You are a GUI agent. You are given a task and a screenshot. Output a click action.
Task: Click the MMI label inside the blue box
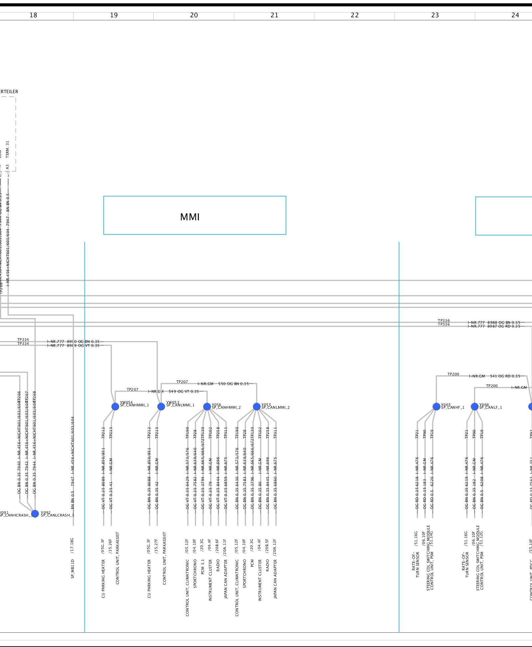pos(190,217)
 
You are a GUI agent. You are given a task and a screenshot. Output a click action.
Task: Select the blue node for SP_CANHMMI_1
pos(115,406)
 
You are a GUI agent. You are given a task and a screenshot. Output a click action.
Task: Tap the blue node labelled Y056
pos(207,406)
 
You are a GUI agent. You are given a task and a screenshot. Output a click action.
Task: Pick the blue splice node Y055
pos(257,406)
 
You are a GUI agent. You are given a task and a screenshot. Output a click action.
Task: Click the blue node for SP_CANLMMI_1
pos(161,406)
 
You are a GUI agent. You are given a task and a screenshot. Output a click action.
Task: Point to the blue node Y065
pos(436,406)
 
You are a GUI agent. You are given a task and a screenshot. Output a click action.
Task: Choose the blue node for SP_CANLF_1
pos(474,406)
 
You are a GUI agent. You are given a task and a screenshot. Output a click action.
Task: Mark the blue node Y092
pos(35,514)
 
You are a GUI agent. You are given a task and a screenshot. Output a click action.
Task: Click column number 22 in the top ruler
pos(355,15)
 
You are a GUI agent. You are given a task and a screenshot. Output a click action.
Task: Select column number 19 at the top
pos(114,15)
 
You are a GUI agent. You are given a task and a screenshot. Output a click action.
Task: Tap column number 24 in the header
pos(515,15)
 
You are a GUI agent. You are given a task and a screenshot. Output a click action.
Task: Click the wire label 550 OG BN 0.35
pos(234,384)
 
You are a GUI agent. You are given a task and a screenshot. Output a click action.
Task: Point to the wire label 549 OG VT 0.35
pos(184,391)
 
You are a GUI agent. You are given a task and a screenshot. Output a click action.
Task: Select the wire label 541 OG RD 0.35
pos(505,376)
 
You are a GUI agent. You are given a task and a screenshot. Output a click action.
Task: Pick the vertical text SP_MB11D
pos(73,569)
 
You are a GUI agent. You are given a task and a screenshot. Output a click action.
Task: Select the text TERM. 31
pos(8,149)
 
